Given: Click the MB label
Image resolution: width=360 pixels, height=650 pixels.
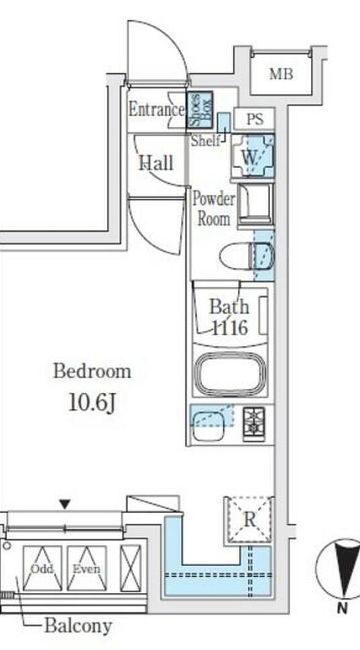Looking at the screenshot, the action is (x=281, y=75).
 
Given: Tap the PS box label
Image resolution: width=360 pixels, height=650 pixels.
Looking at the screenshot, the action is (x=255, y=119).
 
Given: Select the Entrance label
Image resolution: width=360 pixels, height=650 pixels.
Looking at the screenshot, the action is (x=156, y=110).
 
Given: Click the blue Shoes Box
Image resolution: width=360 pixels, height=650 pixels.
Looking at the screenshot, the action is (x=199, y=109).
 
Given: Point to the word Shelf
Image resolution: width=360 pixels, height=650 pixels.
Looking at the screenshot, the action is (x=205, y=141).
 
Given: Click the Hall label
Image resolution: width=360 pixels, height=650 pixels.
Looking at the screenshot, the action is (x=156, y=162).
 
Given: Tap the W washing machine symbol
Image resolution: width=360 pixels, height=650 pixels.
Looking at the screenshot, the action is (x=253, y=156).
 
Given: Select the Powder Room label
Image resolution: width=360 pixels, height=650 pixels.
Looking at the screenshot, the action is (x=213, y=209).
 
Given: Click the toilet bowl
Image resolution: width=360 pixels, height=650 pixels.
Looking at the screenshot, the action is (x=246, y=256).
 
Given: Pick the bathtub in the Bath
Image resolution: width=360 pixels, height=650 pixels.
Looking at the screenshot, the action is (x=230, y=373).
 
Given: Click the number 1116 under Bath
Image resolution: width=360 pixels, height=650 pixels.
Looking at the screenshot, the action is (x=230, y=328).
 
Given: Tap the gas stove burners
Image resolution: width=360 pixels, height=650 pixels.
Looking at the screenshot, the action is (x=254, y=424).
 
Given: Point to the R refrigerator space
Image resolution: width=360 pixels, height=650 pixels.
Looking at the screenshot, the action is (x=249, y=520).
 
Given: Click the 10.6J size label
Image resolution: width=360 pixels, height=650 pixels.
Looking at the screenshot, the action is (x=91, y=402).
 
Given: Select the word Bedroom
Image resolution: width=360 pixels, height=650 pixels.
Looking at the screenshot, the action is (x=91, y=371).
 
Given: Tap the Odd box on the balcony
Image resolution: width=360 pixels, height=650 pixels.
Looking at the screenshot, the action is (x=42, y=568).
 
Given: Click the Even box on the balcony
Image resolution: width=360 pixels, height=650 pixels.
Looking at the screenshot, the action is (x=87, y=568).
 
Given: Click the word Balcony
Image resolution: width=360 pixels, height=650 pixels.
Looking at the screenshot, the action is (x=78, y=626).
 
